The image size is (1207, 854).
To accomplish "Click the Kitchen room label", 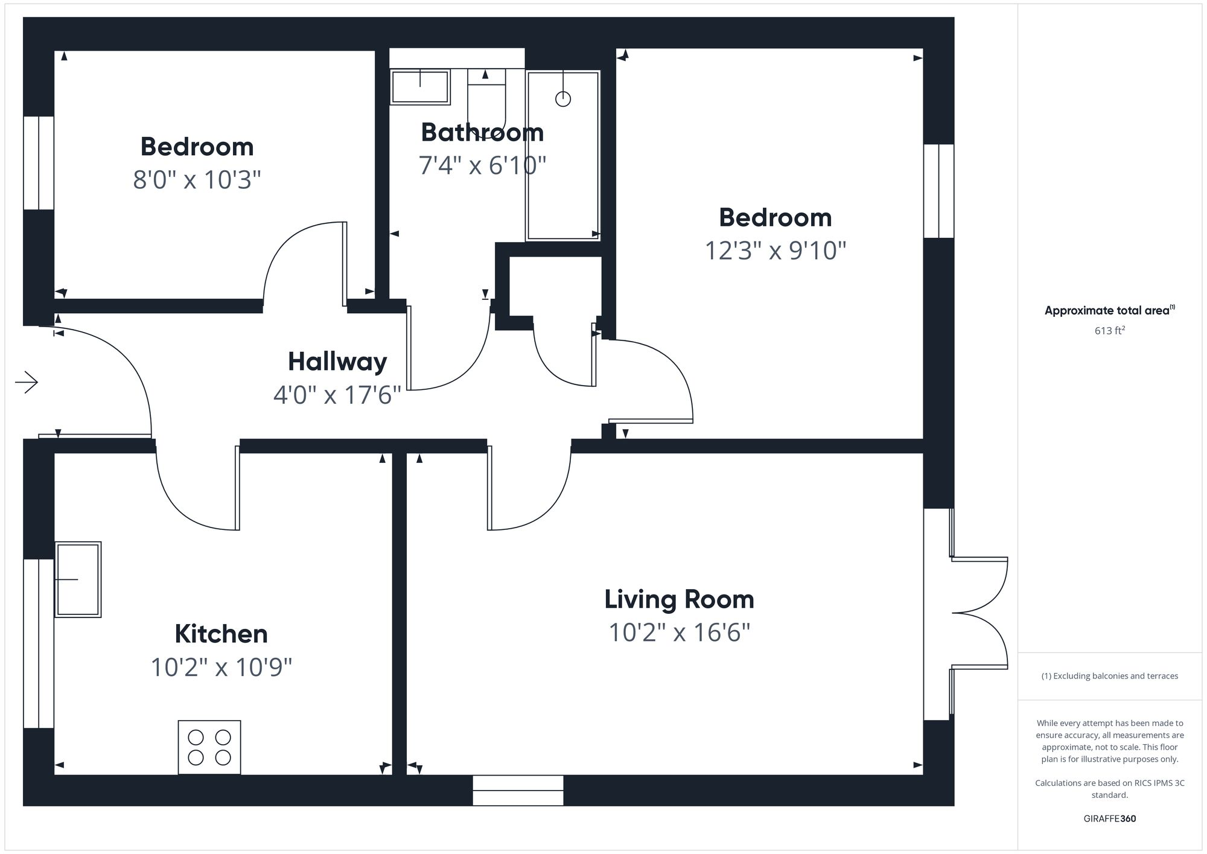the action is (x=221, y=634).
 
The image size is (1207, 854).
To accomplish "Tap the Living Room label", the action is (x=680, y=600).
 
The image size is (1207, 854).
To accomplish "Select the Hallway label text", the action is (x=337, y=362).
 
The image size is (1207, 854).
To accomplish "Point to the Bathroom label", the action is (x=482, y=132).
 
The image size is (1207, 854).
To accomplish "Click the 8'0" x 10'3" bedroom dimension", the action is (x=197, y=180).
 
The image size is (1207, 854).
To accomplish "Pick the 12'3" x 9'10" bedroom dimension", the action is (x=775, y=250).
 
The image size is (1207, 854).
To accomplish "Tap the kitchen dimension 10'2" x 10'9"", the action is (x=221, y=668).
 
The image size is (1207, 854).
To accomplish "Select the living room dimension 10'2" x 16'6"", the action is (x=680, y=633).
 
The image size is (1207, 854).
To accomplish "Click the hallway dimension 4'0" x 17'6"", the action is (x=337, y=395).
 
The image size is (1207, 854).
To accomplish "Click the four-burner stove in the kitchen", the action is (x=209, y=747).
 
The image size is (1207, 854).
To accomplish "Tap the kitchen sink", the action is (x=78, y=579).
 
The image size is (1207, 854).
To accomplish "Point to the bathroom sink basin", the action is (x=420, y=87).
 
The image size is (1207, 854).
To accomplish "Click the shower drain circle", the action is (x=563, y=99).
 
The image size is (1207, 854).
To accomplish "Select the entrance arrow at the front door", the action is (x=27, y=382).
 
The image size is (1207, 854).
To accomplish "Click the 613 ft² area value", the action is (x=1110, y=330).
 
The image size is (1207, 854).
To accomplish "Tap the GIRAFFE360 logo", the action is (x=1110, y=819).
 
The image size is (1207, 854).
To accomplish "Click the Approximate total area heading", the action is (x=1110, y=311).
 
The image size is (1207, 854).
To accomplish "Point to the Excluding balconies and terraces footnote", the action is (x=1110, y=676).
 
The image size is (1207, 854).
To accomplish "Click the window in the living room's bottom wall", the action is (x=518, y=790).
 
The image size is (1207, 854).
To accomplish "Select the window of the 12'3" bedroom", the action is (x=939, y=191).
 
